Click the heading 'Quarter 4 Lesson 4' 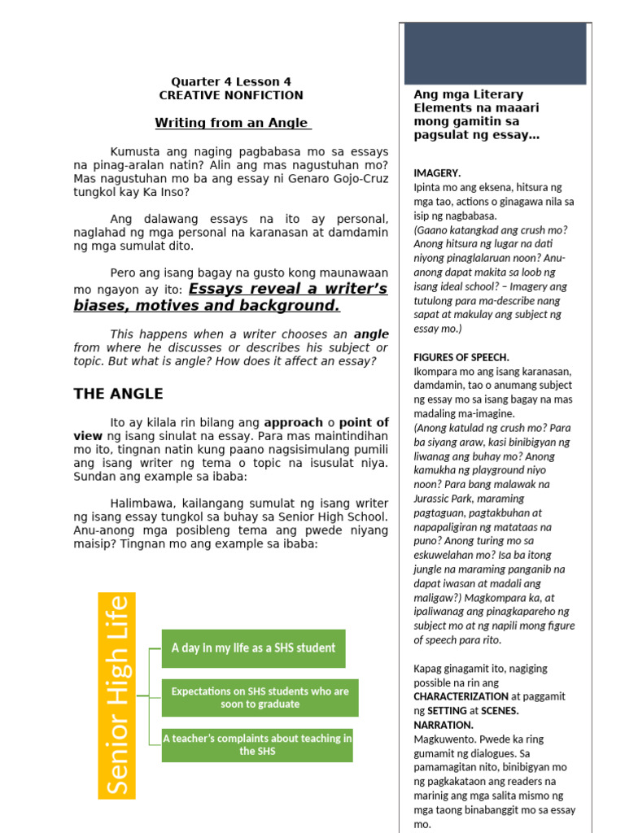pyautogui.click(x=231, y=81)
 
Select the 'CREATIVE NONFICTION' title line pyautogui.click(x=231, y=95)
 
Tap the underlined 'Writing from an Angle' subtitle pyautogui.click(x=234, y=123)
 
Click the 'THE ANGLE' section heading pyautogui.click(x=119, y=394)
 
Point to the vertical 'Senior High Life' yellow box pyautogui.click(x=116, y=695)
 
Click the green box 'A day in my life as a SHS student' pyautogui.click(x=253, y=648)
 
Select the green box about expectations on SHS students pyautogui.click(x=260, y=697)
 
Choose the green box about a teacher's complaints pyautogui.click(x=257, y=744)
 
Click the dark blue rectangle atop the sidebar pyautogui.click(x=495, y=54)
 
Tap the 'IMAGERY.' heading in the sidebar pyautogui.click(x=437, y=173)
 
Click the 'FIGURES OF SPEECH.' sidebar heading pyautogui.click(x=461, y=357)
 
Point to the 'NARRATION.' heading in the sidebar pyautogui.click(x=444, y=724)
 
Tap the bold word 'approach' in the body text pyautogui.click(x=293, y=422)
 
